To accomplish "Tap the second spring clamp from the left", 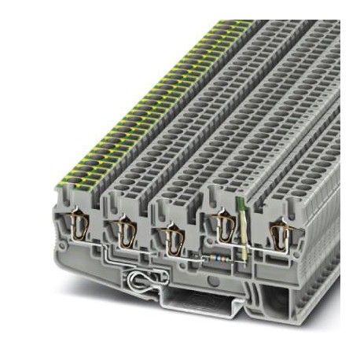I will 124,231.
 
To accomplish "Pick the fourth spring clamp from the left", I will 225,228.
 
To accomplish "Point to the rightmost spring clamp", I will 277,233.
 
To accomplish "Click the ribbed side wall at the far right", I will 322,236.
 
